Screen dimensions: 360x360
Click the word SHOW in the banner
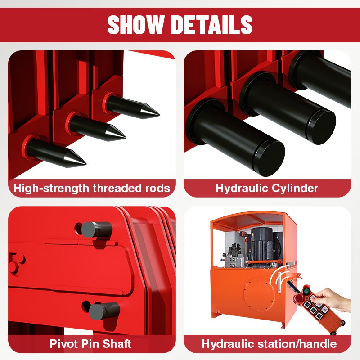tap(136, 25)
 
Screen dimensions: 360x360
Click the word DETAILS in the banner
tap(212, 25)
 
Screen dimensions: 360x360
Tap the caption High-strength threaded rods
tap(92, 188)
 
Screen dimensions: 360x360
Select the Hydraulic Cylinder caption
tap(267, 188)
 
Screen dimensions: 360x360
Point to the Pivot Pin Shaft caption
tap(90, 344)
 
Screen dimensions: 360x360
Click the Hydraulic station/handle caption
tap(269, 344)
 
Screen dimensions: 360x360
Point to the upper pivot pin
tap(96, 229)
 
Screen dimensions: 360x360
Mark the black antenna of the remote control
tap(293, 287)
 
